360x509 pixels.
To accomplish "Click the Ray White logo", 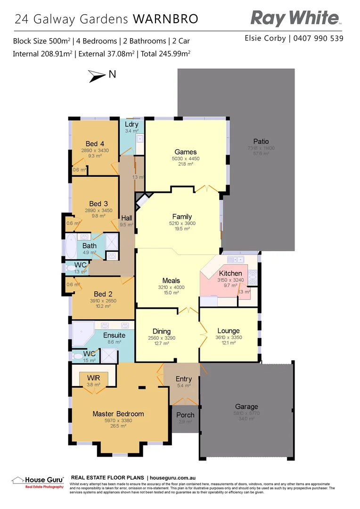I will [295, 18].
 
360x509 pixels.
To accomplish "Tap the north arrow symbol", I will [98, 75].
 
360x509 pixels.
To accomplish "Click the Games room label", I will [185, 152].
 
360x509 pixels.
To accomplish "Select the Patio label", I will [261, 141].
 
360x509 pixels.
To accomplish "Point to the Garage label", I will [246, 406].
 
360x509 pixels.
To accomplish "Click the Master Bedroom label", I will [118, 414].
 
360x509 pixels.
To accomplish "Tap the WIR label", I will [93, 378].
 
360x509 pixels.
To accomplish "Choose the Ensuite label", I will [114, 336].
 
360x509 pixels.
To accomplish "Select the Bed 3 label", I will [98, 204].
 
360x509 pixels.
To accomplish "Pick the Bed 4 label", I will [95, 144].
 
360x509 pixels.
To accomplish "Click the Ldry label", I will [131, 124].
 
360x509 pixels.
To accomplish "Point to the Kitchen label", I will [230, 273].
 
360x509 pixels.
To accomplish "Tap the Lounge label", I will [228, 331].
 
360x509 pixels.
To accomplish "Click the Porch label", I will [185, 415].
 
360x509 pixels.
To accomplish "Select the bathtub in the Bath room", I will [69, 246].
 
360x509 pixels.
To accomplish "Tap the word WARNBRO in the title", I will [165, 19].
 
